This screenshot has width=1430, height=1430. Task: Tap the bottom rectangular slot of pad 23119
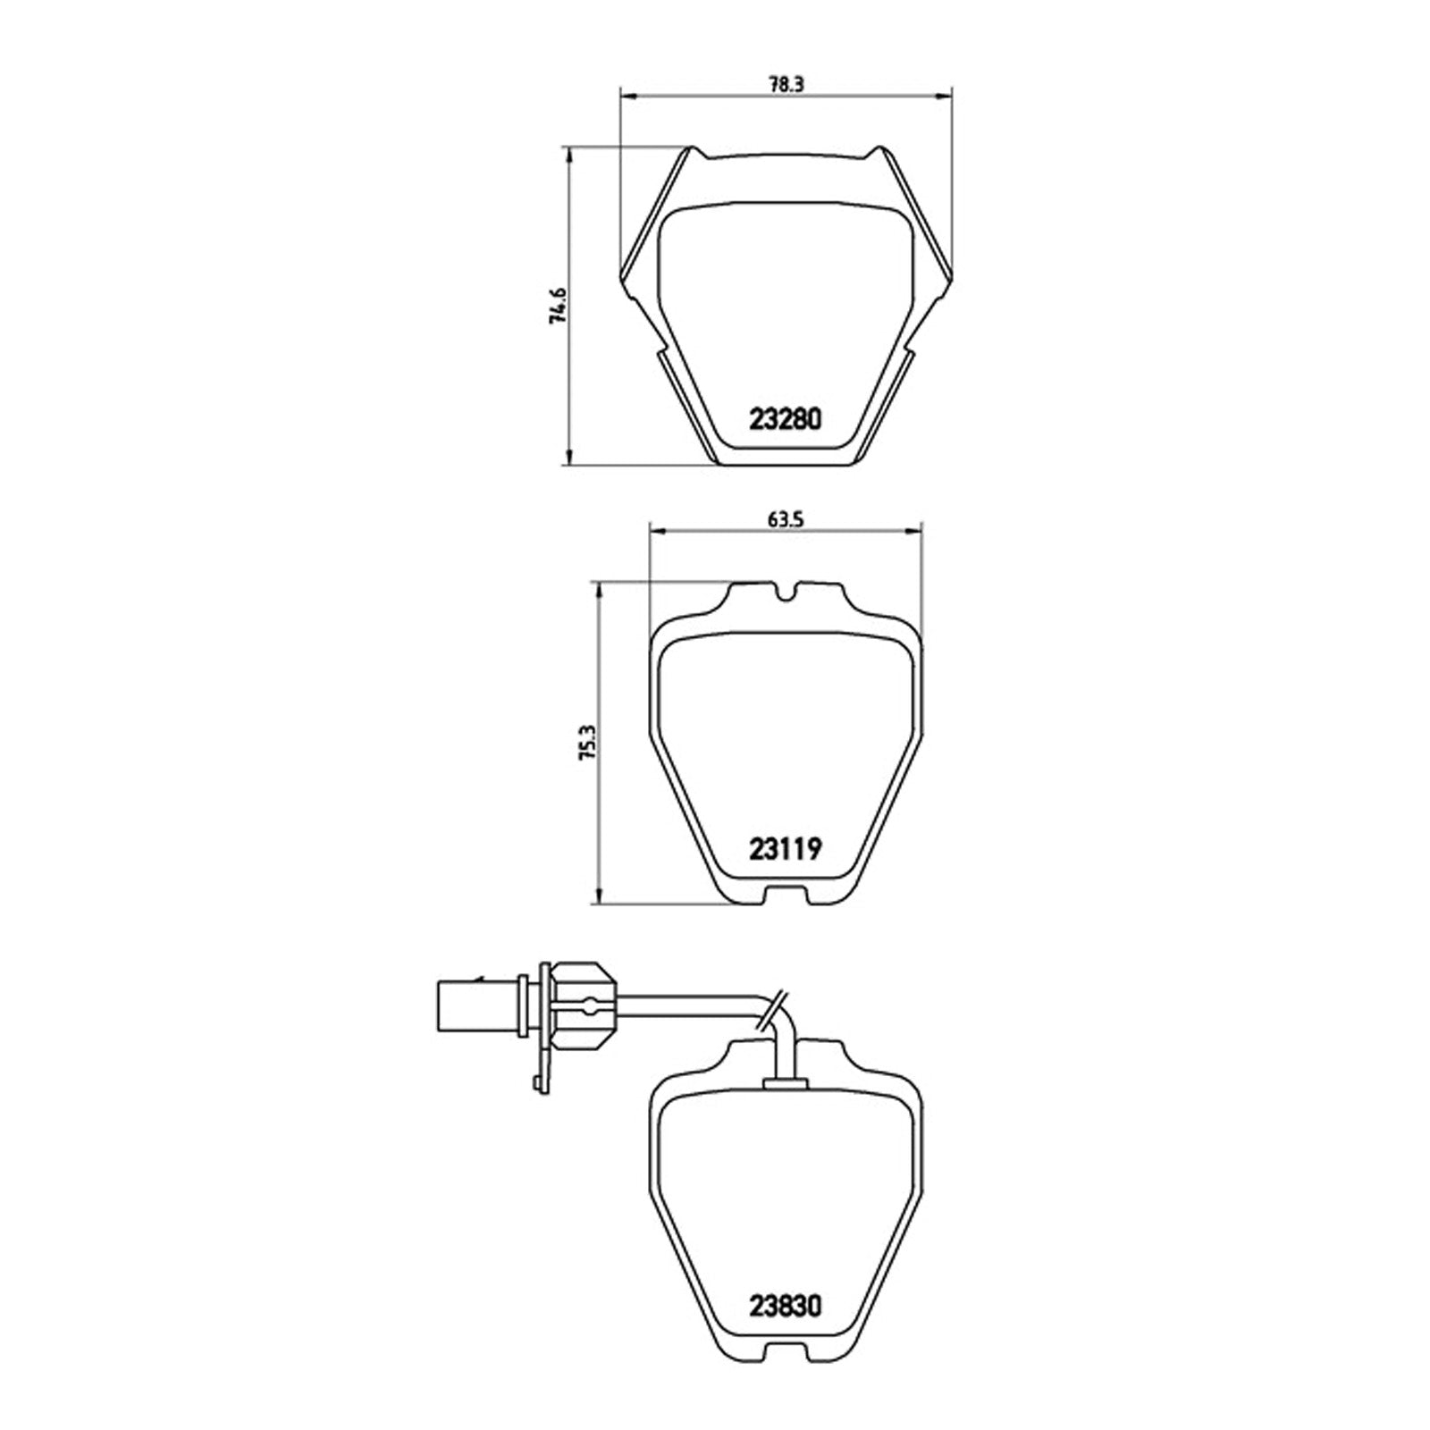point(786,895)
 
